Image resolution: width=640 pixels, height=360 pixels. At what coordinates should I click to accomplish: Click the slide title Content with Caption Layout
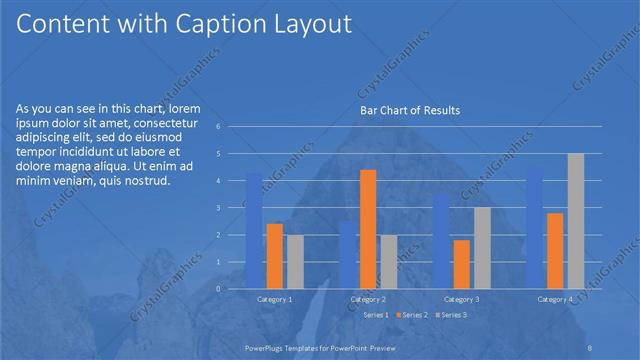pos(185,24)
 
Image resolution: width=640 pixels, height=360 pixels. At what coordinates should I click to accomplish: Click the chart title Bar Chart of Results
pos(410,110)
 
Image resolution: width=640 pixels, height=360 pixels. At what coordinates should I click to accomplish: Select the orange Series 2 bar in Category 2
pos(368,229)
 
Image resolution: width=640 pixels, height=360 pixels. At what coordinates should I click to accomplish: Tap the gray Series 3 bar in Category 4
pos(576,221)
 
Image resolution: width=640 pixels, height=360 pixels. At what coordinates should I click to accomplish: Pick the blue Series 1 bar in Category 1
pos(254,231)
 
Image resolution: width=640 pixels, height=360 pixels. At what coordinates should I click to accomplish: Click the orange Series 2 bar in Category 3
pos(461,264)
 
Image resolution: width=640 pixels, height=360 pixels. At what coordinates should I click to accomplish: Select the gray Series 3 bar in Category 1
pos(295,261)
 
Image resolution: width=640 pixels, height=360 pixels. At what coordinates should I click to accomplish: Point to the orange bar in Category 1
pos(275,256)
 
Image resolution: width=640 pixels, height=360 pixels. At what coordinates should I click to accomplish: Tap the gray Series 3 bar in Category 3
pos(482,248)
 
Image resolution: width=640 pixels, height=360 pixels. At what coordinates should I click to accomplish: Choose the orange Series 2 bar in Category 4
pos(555,250)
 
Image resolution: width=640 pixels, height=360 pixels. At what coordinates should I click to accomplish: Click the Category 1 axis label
pos(275,299)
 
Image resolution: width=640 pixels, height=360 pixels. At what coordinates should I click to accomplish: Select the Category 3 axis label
pos(461,299)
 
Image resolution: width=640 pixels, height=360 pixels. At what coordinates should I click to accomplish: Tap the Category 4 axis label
pos(555,299)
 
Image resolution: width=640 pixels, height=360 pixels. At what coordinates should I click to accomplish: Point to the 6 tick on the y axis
pos(231,127)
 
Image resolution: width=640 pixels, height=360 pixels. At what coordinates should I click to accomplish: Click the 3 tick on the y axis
pos(231,208)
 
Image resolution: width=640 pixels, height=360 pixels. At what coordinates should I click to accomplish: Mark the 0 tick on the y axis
pos(231,288)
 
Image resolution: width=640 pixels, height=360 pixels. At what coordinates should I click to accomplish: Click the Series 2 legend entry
pos(412,315)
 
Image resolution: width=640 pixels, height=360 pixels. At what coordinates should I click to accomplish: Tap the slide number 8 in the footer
pos(589,345)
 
